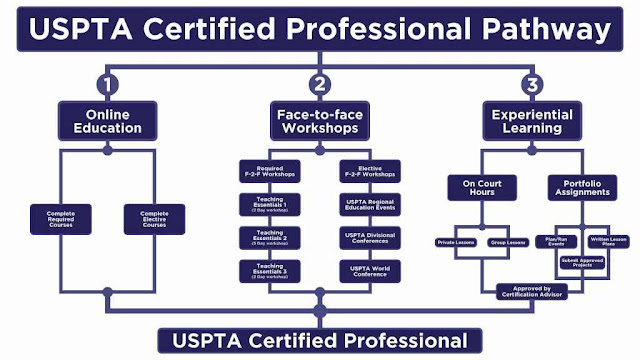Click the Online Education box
click(107, 122)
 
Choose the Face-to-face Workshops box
click(319, 122)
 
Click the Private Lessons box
click(458, 242)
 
